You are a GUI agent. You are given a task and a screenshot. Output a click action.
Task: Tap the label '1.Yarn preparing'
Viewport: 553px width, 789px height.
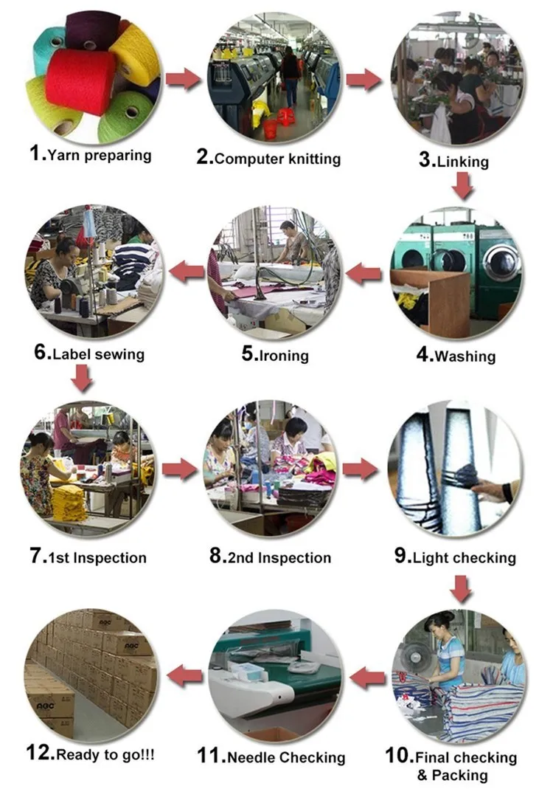91,155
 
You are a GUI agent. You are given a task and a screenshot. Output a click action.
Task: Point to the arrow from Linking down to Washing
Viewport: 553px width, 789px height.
463,185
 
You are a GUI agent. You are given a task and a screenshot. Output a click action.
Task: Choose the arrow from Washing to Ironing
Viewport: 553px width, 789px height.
364,275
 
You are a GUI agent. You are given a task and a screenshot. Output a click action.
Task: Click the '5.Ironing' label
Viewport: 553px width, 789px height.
275,355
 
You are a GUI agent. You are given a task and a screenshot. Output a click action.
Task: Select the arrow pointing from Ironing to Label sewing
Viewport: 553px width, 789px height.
187,274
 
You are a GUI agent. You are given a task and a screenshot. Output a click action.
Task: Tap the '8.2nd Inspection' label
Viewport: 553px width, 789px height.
270,557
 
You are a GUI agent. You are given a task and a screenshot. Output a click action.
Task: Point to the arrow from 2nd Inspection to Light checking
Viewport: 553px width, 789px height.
361,469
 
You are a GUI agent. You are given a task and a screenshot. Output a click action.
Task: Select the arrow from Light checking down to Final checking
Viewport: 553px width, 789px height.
462,588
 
